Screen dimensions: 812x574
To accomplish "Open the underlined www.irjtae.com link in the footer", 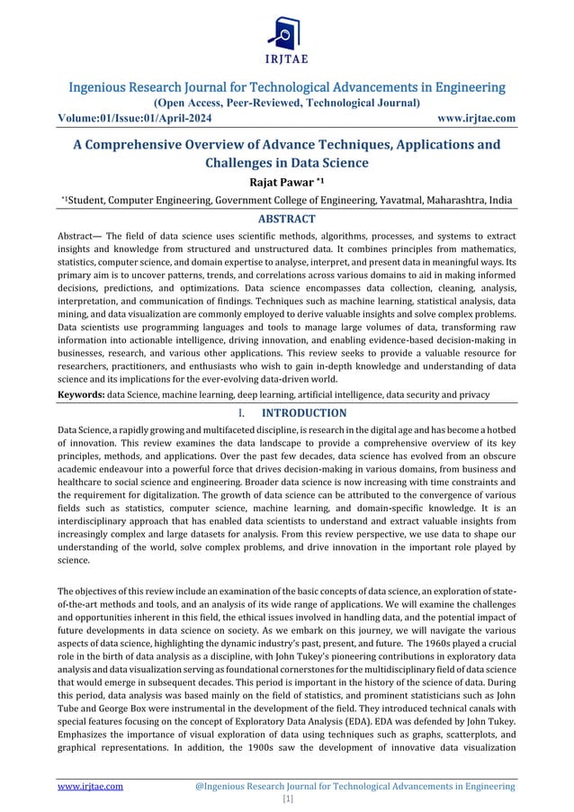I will click(91, 786).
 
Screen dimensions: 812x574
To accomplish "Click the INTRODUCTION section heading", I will click(303, 412).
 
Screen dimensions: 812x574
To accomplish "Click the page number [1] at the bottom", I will click(286, 798).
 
